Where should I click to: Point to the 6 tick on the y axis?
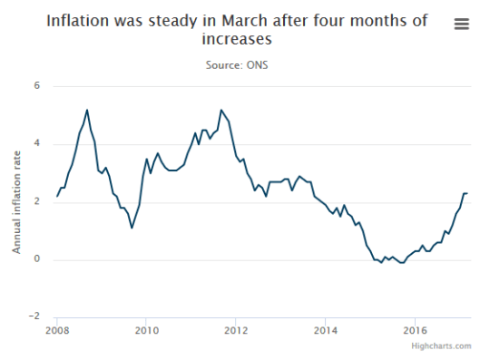coord(37,86)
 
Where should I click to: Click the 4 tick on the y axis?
coord(37,144)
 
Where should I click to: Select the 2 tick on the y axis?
coord(37,202)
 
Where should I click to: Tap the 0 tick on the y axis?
coord(37,260)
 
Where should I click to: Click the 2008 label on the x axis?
coord(57,330)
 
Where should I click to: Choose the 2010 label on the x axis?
coord(147,330)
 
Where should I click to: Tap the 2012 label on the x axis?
coord(236,330)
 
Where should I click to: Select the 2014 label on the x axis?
coord(326,330)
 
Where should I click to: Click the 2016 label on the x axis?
coord(415,330)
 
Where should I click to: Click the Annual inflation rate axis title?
coord(16,202)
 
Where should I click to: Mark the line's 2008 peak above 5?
coord(87,110)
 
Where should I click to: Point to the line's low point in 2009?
coord(132,228)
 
